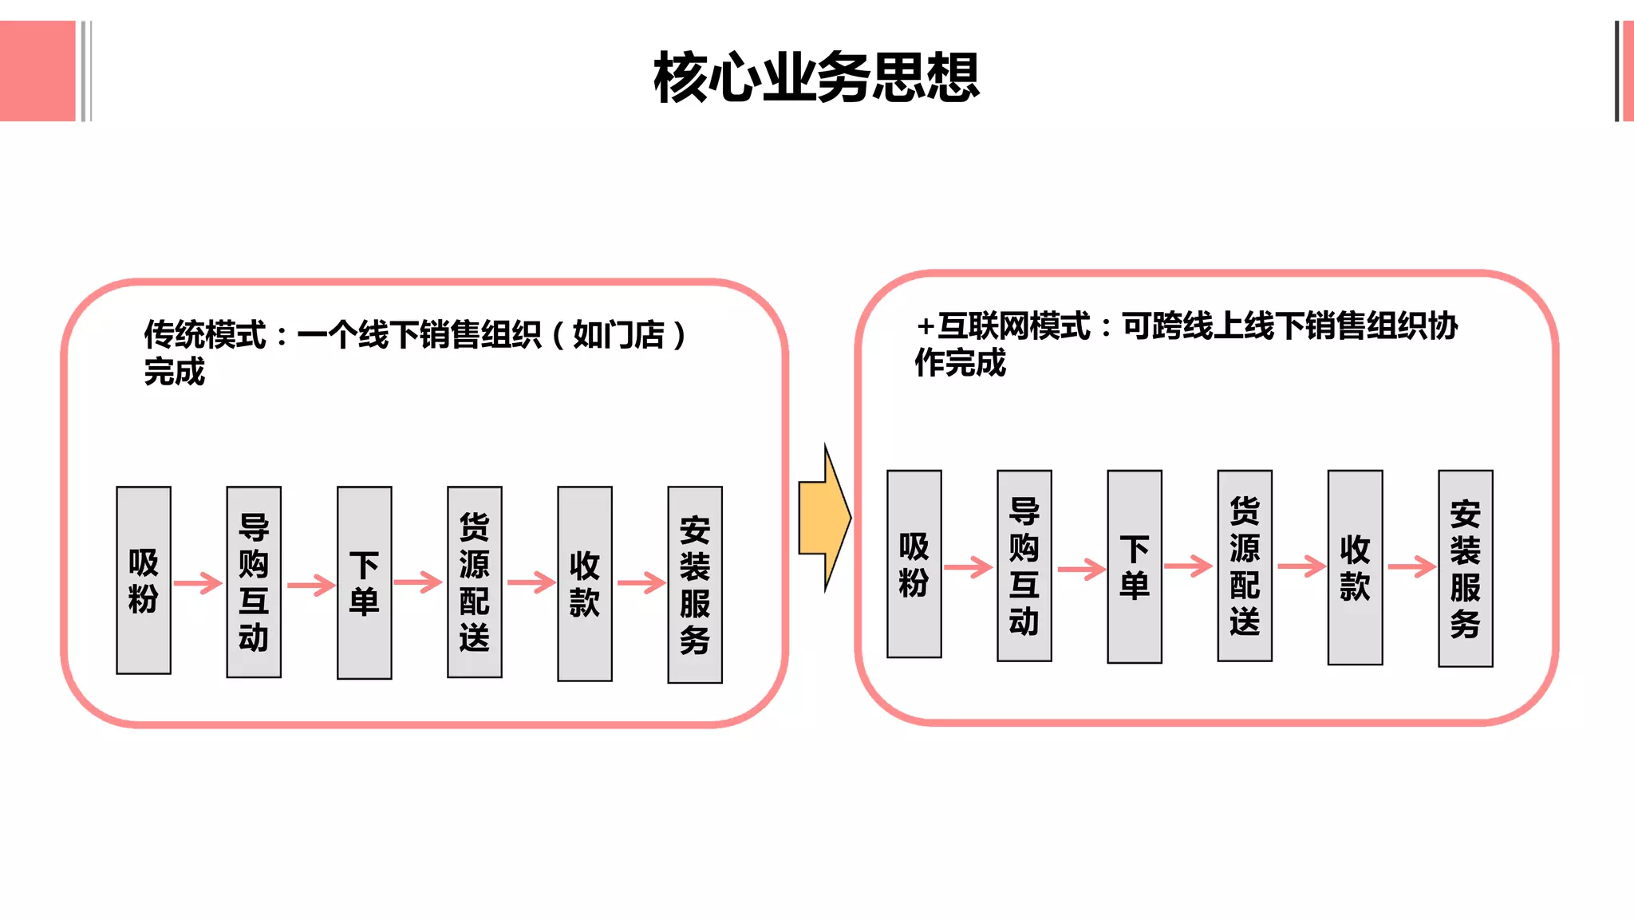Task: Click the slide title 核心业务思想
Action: point(816,77)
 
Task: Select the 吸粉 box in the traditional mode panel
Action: point(144,580)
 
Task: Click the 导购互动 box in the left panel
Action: point(254,582)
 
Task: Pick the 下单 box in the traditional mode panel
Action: point(365,582)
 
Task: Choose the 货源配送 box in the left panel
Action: point(475,582)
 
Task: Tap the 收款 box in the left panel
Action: point(585,583)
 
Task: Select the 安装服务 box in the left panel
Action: point(695,585)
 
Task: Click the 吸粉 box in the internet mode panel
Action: point(914,564)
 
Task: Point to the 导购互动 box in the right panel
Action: point(1024,566)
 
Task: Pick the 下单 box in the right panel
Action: point(1135,566)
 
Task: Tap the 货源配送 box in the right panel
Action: point(1245,566)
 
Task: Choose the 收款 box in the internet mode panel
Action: point(1355,567)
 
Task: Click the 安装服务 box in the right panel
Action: point(1466,568)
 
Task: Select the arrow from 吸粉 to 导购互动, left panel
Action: point(198,583)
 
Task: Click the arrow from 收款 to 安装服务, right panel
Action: point(1411,566)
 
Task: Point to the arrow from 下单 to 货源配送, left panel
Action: point(418,582)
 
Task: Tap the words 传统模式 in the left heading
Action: point(204,335)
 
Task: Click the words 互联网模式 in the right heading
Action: point(1013,326)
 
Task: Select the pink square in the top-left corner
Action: point(37,71)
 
